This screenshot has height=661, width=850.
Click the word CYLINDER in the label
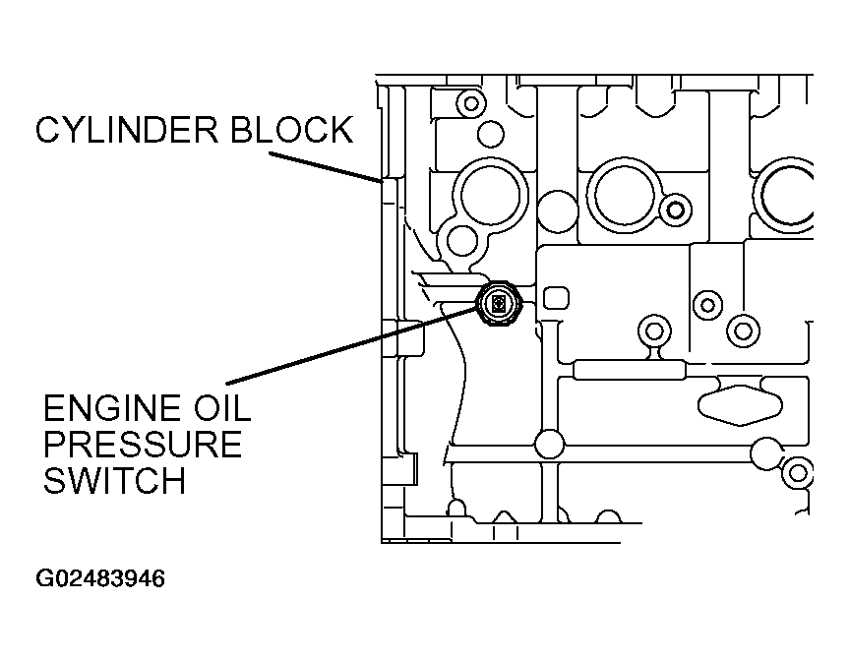pyautogui.click(x=127, y=130)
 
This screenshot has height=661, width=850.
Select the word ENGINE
pyautogui.click(x=112, y=408)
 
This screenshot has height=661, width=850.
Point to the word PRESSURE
pyautogui.click(x=142, y=445)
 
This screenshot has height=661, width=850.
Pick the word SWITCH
pyautogui.click(x=114, y=480)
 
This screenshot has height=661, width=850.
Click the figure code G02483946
pyautogui.click(x=100, y=578)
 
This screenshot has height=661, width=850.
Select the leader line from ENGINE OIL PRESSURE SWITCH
pyautogui.click(x=353, y=342)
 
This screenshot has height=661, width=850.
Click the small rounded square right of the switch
pyautogui.click(x=556, y=298)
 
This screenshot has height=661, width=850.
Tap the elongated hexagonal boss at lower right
pyautogui.click(x=740, y=404)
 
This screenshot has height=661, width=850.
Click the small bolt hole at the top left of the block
pyautogui.click(x=471, y=103)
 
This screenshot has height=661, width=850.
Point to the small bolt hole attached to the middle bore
pyautogui.click(x=676, y=210)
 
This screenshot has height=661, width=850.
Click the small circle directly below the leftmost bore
pyautogui.click(x=462, y=241)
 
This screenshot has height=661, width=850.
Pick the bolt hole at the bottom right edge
pyautogui.click(x=798, y=473)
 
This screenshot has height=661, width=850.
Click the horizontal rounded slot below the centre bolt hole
pyautogui.click(x=630, y=370)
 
